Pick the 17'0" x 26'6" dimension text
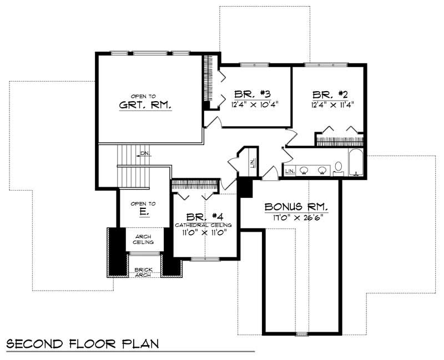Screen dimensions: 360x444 click(x=296, y=217)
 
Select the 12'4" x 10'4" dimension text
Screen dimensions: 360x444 click(x=254, y=104)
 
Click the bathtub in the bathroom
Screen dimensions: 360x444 click(x=355, y=162)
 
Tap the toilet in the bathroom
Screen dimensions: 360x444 click(x=338, y=167)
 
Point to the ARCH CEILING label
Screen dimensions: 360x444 click(x=144, y=239)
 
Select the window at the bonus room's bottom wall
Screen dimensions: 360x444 click(x=301, y=334)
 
